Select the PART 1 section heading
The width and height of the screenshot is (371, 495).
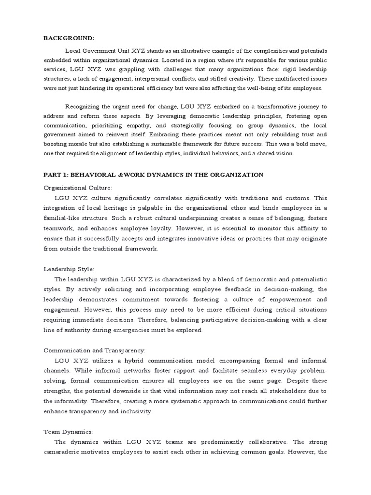pyautogui.click(x=154, y=175)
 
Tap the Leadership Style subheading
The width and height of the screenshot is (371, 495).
pyautogui.click(x=69, y=268)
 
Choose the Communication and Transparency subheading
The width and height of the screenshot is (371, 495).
pyautogui.click(x=94, y=350)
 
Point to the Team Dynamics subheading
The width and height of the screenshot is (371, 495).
pyautogui.click(x=68, y=431)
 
